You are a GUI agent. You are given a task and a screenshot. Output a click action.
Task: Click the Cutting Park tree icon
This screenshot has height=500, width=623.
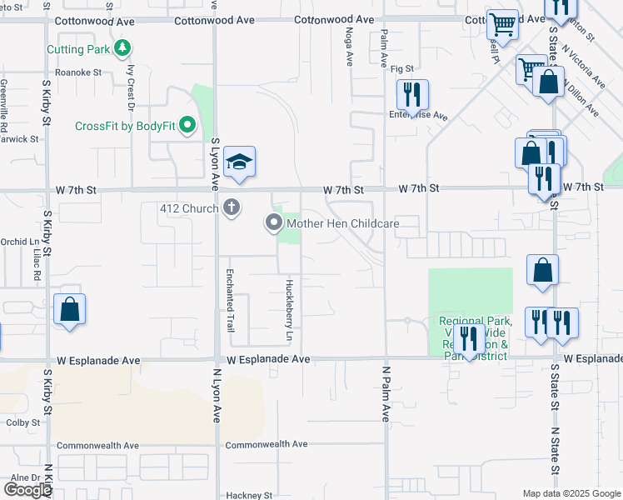[122, 49]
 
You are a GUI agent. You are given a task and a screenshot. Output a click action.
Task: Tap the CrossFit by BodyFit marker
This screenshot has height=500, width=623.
[187, 127]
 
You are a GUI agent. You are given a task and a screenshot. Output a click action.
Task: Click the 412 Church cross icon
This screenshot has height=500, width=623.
[232, 207]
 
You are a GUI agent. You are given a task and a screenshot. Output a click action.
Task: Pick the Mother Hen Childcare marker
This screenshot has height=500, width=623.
[273, 223]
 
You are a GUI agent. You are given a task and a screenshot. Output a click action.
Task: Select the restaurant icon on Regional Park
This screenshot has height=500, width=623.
[469, 339]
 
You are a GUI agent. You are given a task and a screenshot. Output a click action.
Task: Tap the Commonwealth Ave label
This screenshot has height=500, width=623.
[266, 445]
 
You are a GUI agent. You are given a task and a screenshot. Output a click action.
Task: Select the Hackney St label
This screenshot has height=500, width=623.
[249, 495]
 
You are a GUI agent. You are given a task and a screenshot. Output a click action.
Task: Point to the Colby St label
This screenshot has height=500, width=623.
[23, 422]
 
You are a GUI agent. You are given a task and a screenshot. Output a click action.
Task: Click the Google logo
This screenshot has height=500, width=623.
[28, 490]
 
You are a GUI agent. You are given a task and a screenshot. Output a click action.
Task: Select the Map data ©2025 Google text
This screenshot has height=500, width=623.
[571, 493]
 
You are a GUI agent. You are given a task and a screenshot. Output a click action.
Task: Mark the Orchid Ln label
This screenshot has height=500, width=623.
[14, 242]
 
